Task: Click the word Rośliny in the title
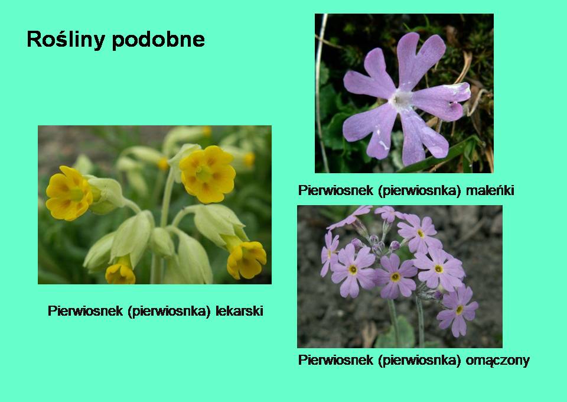66,39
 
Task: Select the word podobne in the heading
158,39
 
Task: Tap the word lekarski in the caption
239,311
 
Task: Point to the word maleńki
490,190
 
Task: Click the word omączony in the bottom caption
497,360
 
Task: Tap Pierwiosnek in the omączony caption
335,360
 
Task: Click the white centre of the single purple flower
400,98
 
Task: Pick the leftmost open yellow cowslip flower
69,193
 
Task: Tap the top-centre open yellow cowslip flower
207,174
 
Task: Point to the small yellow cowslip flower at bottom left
120,274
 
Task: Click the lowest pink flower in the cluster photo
457,311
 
